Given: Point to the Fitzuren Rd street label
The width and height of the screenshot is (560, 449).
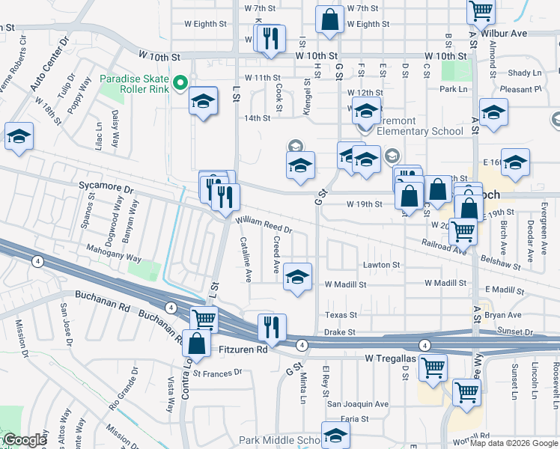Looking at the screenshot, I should click(x=243, y=349).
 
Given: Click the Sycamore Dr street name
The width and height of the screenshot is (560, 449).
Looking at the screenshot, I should click(x=106, y=191).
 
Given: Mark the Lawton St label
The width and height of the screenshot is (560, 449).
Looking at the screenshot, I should click(x=382, y=265).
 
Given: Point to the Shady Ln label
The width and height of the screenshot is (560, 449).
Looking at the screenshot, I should click(x=525, y=73).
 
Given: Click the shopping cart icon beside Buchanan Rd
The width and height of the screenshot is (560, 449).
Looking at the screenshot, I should click(x=204, y=318).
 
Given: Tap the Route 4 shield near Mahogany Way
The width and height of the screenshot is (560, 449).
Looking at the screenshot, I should click(x=37, y=260).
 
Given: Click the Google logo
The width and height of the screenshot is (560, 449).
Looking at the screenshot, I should click(x=25, y=441).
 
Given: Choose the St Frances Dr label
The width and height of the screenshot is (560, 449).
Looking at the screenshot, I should click(x=218, y=372).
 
